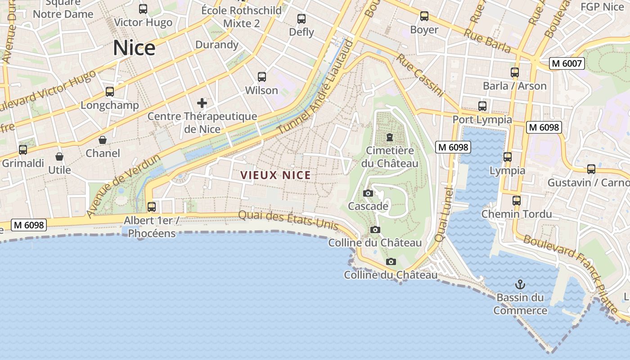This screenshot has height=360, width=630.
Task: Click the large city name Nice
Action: [x=134, y=48]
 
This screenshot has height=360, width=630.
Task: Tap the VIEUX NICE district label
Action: [x=275, y=175]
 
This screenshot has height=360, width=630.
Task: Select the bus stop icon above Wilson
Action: [x=262, y=77]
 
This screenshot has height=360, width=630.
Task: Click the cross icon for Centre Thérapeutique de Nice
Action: [x=202, y=103]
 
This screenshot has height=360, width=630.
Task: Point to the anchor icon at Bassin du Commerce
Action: [x=520, y=284]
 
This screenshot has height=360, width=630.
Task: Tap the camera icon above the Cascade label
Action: [x=368, y=193]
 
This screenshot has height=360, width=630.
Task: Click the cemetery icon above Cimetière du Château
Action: [x=390, y=137]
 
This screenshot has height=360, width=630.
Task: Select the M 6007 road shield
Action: [x=567, y=63]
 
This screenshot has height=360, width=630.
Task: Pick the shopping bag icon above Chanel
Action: [x=103, y=140]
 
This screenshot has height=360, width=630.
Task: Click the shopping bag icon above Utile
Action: [x=59, y=157]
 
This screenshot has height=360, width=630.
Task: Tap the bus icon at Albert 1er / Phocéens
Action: [x=152, y=207]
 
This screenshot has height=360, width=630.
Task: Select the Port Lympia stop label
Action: [x=482, y=120]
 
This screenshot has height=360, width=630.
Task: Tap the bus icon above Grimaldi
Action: [x=23, y=150]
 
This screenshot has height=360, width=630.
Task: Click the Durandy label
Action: [x=217, y=45]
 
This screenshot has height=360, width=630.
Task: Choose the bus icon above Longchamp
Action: [x=110, y=92]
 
